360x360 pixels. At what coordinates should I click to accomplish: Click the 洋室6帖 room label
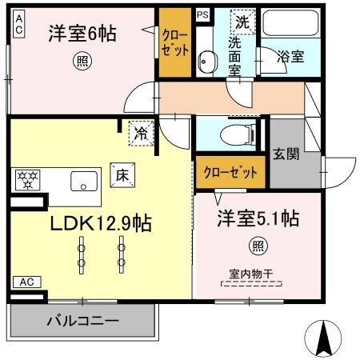coord(82,34)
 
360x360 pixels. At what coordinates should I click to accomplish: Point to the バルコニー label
coord(82,321)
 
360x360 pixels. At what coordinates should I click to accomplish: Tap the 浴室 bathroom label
coord(289,57)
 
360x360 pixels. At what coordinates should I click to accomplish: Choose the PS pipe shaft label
coord(202,14)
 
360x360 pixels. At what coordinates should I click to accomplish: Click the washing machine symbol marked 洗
coord(241,22)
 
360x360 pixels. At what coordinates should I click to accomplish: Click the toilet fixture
coord(237,134)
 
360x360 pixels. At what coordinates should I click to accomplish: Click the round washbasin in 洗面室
coord(206,61)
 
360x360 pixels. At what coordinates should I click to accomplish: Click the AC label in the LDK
coord(25,282)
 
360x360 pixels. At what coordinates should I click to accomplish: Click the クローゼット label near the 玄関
coord(230,173)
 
